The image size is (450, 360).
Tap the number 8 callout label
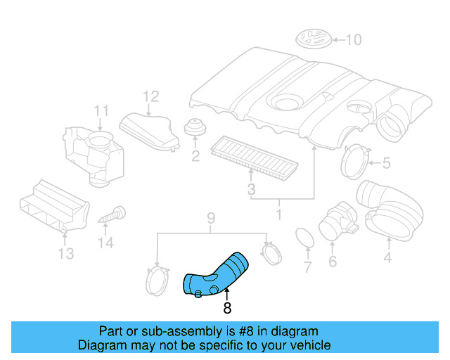pos(226,307)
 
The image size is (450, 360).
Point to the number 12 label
pos(151,96)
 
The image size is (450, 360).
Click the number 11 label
pos(101,110)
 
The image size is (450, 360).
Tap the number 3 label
pos(250,189)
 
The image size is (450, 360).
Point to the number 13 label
pos(65,253)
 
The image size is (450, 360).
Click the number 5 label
pos(385,164)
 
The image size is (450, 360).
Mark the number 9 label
pos(209,218)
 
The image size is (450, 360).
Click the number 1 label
pos(279,212)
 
